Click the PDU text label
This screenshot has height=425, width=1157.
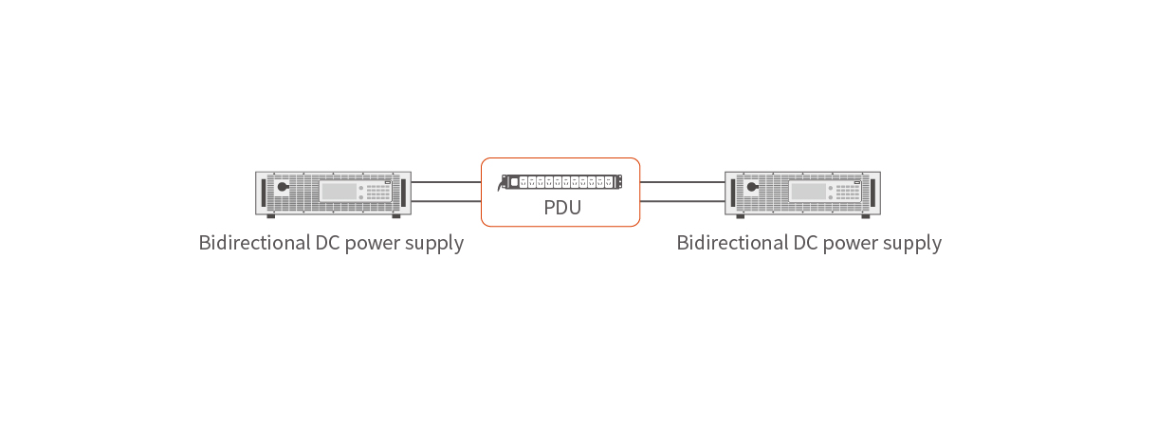click(561, 208)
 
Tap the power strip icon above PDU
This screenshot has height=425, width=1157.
click(561, 181)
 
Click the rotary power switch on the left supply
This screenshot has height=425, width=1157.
click(283, 188)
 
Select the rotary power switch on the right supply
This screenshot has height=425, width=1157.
click(752, 188)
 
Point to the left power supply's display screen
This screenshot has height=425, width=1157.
click(338, 191)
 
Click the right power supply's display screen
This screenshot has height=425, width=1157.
click(807, 191)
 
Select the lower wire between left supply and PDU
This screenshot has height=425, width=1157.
click(446, 201)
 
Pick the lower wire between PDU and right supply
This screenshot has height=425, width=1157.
click(682, 201)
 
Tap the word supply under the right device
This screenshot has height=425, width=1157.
click(909, 243)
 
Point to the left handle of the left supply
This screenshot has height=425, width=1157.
click(262, 192)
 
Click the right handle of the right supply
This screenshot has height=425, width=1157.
click(874, 192)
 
